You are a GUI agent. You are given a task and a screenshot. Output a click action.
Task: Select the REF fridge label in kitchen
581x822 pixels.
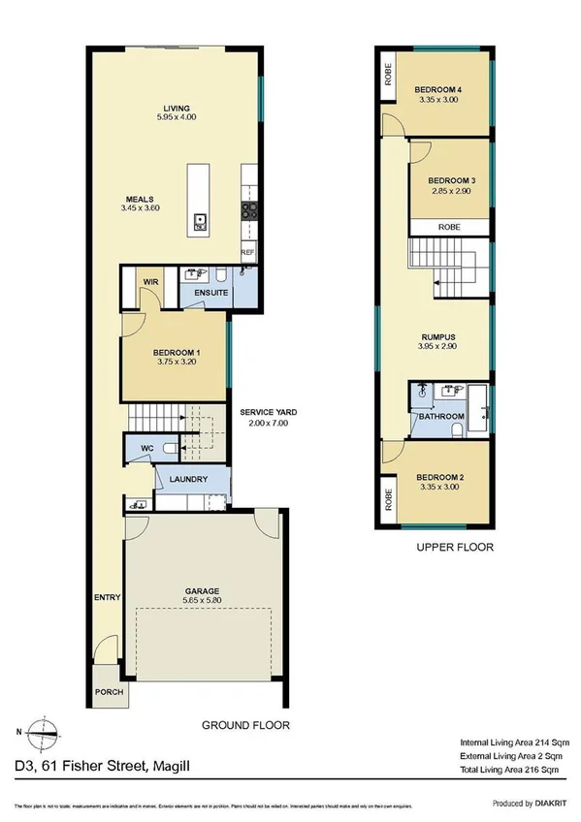tap(247, 252)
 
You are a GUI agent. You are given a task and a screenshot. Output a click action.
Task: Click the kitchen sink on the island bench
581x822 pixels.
tap(200, 220)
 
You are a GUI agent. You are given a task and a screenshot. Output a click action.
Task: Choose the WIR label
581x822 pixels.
tap(150, 282)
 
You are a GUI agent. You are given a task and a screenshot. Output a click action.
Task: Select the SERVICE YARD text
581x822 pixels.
tap(269, 412)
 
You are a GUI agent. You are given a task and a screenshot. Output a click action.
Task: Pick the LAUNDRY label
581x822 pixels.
tap(192, 479)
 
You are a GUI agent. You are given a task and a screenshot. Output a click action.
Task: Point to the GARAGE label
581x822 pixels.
tap(203, 590)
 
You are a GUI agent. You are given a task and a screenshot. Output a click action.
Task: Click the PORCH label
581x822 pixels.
tap(108, 694)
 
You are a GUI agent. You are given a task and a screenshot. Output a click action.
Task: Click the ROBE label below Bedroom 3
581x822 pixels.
tap(448, 226)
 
